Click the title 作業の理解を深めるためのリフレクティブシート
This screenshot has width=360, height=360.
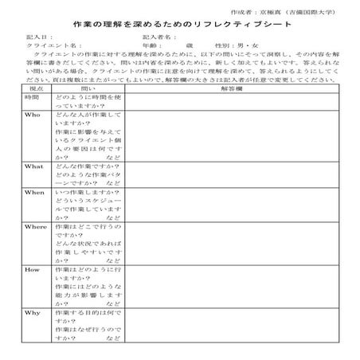(x=181, y=26)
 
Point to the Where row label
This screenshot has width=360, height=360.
(x=34, y=227)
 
